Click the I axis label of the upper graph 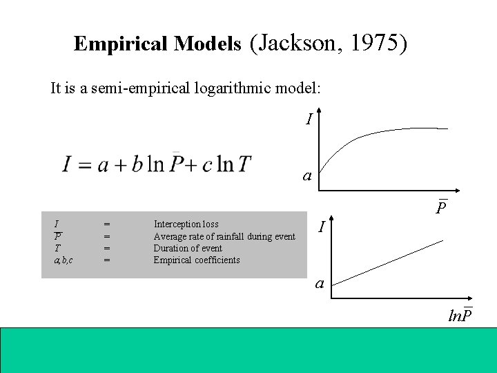(x=309, y=119)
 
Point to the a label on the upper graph (x=308, y=176)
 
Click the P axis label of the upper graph (x=442, y=207)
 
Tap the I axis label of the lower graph (x=322, y=226)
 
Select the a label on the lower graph (x=319, y=283)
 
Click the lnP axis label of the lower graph (x=460, y=316)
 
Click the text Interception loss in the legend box (x=186, y=224)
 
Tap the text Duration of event (x=187, y=248)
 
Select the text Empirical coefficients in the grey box (x=196, y=260)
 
